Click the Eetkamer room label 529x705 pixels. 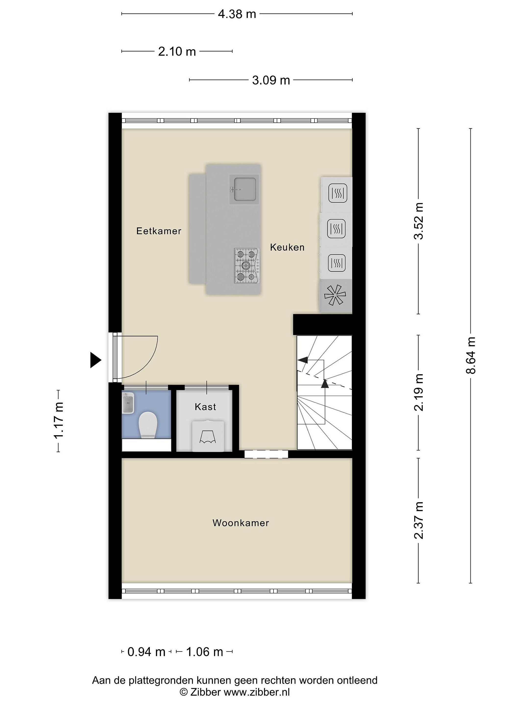(x=159, y=231)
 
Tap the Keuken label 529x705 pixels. (x=287, y=247)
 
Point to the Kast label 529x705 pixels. (x=205, y=407)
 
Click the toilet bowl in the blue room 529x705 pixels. (x=148, y=425)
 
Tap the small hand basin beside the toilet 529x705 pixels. (x=128, y=403)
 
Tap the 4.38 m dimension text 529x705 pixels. (x=237, y=14)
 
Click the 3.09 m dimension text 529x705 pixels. (x=271, y=80)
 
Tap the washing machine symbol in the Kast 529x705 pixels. (x=208, y=436)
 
